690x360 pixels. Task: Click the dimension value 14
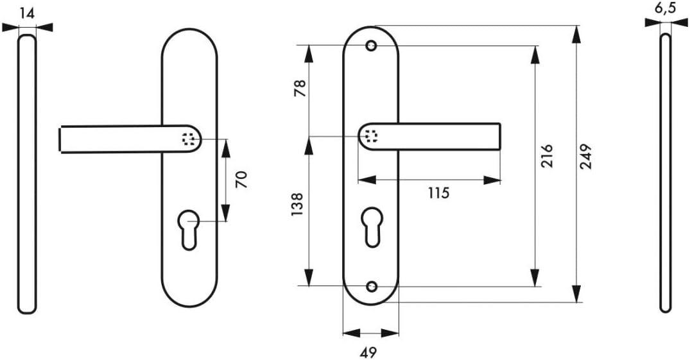point(27,13)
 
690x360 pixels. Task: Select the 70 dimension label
point(241,180)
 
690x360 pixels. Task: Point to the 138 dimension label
point(297,205)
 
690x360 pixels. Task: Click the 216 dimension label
point(546,155)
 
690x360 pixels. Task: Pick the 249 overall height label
point(586,156)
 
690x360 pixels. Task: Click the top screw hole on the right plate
point(372,46)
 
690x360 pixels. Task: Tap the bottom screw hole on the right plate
point(372,286)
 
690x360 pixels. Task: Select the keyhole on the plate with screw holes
point(372,227)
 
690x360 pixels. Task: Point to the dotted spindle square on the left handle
point(189,139)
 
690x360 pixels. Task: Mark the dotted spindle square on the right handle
point(371,137)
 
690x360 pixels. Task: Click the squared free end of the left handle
point(60,140)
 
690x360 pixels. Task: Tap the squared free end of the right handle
point(500,137)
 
